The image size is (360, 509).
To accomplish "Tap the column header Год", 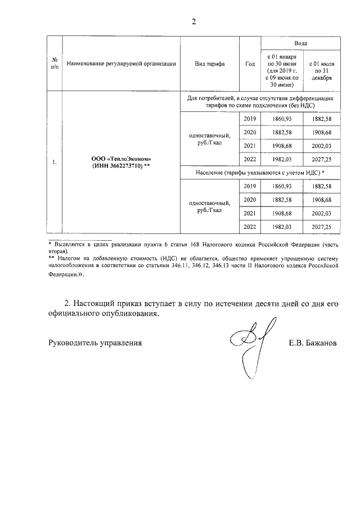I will [x=250, y=64].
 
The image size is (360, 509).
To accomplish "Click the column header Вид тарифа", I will [x=209, y=64].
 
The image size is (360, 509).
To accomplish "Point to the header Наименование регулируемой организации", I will [x=121, y=64].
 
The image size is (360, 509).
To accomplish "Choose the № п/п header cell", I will [x=55, y=64].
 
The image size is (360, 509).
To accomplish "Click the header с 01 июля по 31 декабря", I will [x=319, y=71].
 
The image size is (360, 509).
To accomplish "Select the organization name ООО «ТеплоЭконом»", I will [x=121, y=159].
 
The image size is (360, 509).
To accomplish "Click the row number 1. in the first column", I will [x=55, y=163].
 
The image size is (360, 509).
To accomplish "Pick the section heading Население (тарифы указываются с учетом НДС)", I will [x=260, y=172].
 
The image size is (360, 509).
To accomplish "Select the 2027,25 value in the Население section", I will [x=320, y=226].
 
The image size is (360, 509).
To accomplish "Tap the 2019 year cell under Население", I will [x=250, y=186].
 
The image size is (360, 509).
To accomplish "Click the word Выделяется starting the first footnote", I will [x=70, y=246].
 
